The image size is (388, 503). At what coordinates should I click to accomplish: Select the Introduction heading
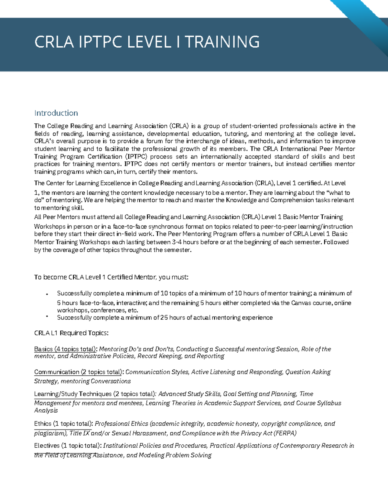(x=56, y=113)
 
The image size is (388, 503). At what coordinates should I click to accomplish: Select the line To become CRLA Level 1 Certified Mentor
(x=111, y=277)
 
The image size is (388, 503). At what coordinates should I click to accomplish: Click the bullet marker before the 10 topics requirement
(x=47, y=294)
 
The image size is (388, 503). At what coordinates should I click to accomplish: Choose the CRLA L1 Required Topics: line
(x=71, y=333)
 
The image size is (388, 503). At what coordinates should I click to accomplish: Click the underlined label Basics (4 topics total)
(x=65, y=349)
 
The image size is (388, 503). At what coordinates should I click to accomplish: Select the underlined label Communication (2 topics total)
(x=78, y=372)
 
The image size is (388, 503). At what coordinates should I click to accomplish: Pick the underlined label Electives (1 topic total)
(x=68, y=446)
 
